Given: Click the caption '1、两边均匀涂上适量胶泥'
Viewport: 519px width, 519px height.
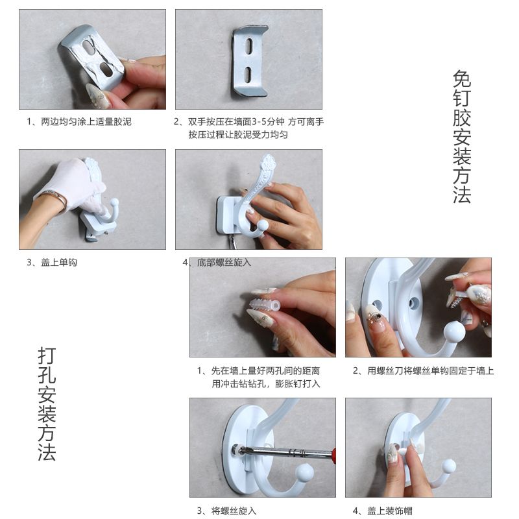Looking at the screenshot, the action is [79, 122].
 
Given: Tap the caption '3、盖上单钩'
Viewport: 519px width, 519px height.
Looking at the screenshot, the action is [52, 263].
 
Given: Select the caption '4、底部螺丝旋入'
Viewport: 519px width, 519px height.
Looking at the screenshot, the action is [217, 263].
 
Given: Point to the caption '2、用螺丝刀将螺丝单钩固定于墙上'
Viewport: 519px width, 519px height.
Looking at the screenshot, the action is [424, 370].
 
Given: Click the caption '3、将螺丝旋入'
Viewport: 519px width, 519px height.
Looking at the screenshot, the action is [226, 511].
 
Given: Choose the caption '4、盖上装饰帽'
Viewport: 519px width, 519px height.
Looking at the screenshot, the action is [383, 511].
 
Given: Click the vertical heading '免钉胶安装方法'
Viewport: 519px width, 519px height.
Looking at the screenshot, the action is [462, 136].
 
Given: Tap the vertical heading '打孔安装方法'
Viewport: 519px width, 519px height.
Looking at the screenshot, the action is [47, 404].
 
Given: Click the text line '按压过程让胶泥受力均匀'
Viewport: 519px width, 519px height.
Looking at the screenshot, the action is [238, 135].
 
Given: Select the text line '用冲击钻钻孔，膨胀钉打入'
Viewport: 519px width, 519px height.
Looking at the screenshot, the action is [266, 384].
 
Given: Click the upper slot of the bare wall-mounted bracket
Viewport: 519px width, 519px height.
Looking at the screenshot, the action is [249, 46].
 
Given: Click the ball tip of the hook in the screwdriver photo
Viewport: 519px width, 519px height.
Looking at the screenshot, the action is [304, 472].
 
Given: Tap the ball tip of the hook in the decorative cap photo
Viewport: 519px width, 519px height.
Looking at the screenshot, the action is [448, 466].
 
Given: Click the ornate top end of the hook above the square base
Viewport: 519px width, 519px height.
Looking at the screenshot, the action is [269, 163].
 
